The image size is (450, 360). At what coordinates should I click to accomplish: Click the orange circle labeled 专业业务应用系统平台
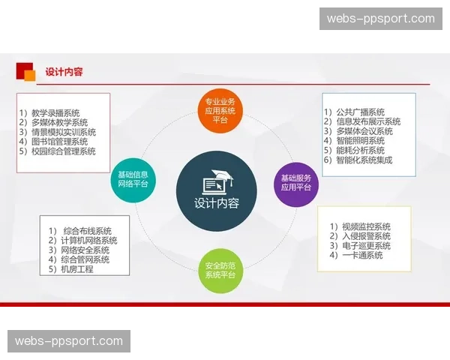click(x=220, y=110)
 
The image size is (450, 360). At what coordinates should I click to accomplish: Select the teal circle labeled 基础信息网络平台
click(x=133, y=178)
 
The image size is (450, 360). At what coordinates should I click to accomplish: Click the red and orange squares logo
click(x=26, y=72)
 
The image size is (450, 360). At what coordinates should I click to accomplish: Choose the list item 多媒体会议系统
click(x=364, y=131)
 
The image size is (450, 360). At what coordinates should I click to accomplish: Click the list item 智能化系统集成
click(x=364, y=160)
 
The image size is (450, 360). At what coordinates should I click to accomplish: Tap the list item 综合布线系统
click(x=87, y=230)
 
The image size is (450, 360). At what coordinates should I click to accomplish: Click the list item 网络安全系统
click(x=84, y=250)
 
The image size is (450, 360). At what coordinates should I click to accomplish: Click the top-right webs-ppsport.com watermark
click(x=381, y=19)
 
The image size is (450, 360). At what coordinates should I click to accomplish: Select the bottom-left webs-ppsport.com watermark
click(x=69, y=341)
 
